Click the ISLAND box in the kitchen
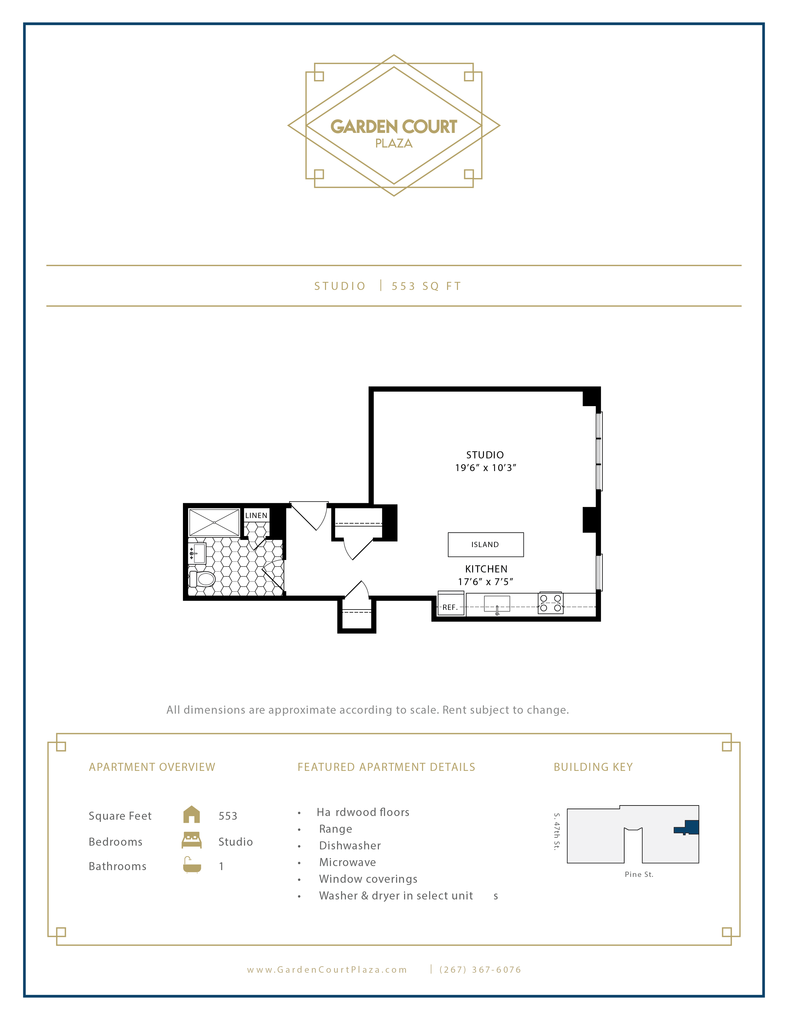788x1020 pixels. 485,545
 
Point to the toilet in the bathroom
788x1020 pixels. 203,579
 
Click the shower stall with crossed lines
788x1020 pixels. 214,522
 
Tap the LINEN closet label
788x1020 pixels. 256,516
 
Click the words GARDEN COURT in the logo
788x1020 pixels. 393,126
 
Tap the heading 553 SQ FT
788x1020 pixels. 426,286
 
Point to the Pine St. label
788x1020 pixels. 639,875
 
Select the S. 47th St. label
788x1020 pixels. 557,832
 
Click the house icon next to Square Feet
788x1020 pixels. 191,815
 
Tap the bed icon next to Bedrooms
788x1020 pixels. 191,841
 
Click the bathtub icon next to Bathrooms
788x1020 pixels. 191,865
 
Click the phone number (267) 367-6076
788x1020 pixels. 480,970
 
